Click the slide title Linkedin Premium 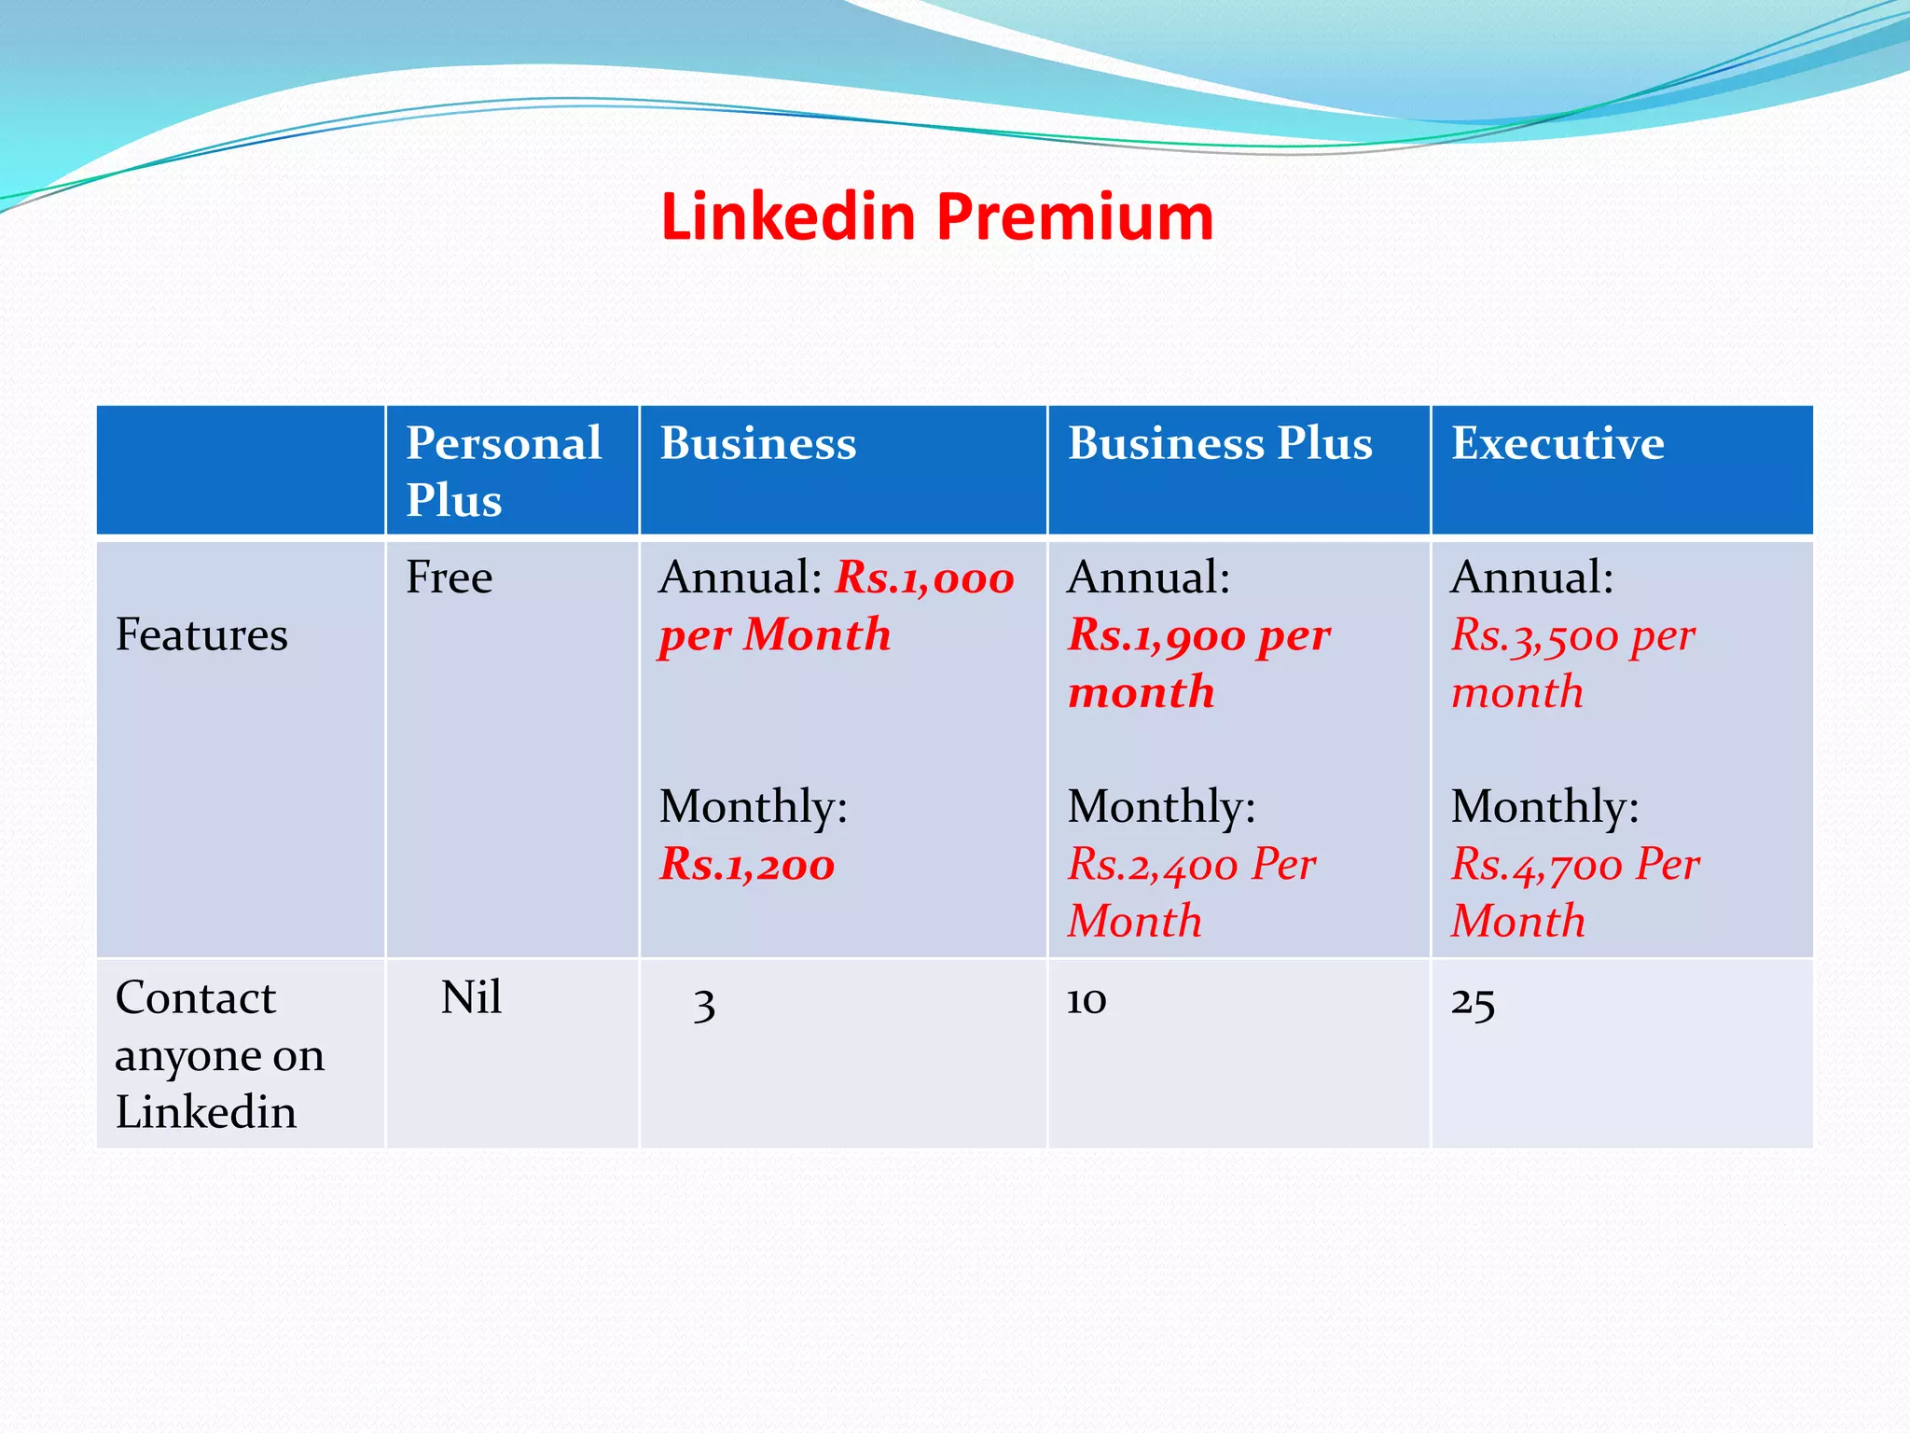936,217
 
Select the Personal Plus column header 504,470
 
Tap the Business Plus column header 1220,443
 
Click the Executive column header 1557,443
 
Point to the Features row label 201,635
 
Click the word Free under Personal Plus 449,577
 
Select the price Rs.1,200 747,864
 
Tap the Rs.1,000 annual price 924,577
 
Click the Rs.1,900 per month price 1199,663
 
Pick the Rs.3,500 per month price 1573,663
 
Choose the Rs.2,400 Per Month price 1192,892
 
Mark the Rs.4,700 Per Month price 1575,892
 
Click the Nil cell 471,998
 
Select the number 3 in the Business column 704,1004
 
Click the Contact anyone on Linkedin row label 220,1054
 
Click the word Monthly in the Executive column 1544,806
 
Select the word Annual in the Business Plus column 1148,577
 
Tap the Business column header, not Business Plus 758,443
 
